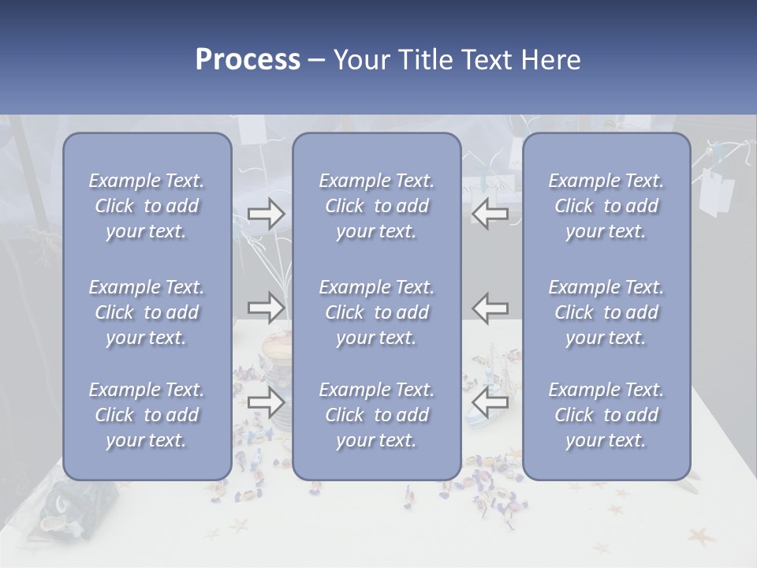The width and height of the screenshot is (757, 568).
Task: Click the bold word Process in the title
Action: tap(248, 60)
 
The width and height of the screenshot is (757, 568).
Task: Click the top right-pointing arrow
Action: tap(266, 214)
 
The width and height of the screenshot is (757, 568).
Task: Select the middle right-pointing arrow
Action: tap(266, 307)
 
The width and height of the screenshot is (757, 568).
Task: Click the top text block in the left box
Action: tap(147, 206)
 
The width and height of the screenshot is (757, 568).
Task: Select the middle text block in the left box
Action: tap(147, 312)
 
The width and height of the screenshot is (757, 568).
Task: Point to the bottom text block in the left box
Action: tap(147, 415)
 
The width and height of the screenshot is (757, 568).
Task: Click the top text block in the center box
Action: tap(377, 206)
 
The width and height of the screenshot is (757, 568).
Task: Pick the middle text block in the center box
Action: tap(377, 312)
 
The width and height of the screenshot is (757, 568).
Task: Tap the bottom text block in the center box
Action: tap(377, 415)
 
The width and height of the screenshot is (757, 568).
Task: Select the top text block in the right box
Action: tap(606, 206)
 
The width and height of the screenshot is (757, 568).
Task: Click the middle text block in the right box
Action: tap(606, 312)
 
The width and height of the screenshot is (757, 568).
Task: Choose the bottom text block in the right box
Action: tap(606, 415)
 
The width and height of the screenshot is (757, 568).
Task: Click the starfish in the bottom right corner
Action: tap(700, 538)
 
